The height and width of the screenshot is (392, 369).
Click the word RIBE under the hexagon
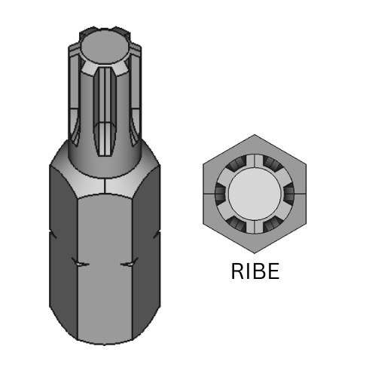[255, 272]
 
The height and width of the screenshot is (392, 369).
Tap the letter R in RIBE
[237, 272]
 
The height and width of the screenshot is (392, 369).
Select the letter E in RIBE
[272, 272]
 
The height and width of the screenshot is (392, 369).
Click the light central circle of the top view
[255, 194]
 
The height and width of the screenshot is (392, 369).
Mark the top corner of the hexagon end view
[255, 136]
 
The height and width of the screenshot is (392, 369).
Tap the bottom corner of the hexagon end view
[255, 253]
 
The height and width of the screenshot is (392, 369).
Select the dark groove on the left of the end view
[220, 194]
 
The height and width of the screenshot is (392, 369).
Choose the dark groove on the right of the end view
[289, 194]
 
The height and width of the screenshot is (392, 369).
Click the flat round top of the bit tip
[105, 47]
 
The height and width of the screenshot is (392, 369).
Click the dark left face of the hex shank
[63, 249]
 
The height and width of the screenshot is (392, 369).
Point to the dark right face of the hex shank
[146, 249]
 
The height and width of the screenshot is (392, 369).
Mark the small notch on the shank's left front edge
[79, 264]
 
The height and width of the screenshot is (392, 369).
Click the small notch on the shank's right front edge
[130, 264]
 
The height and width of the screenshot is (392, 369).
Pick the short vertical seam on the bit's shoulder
[104, 185]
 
